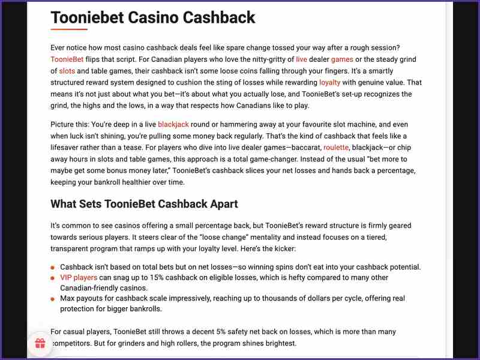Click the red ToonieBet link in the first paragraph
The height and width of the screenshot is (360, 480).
tap(67, 59)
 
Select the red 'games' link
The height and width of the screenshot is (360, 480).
tap(342, 59)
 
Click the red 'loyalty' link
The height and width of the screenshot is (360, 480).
tap(329, 82)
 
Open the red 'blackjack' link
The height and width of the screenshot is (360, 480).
tap(173, 124)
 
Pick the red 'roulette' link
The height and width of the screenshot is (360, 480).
tap(337, 147)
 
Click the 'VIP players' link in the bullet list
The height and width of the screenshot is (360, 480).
tap(79, 278)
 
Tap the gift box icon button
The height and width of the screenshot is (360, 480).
tap(40, 344)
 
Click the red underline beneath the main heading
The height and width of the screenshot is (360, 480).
tap(69, 29)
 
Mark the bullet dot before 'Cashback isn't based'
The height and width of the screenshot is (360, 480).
tap(53, 267)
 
